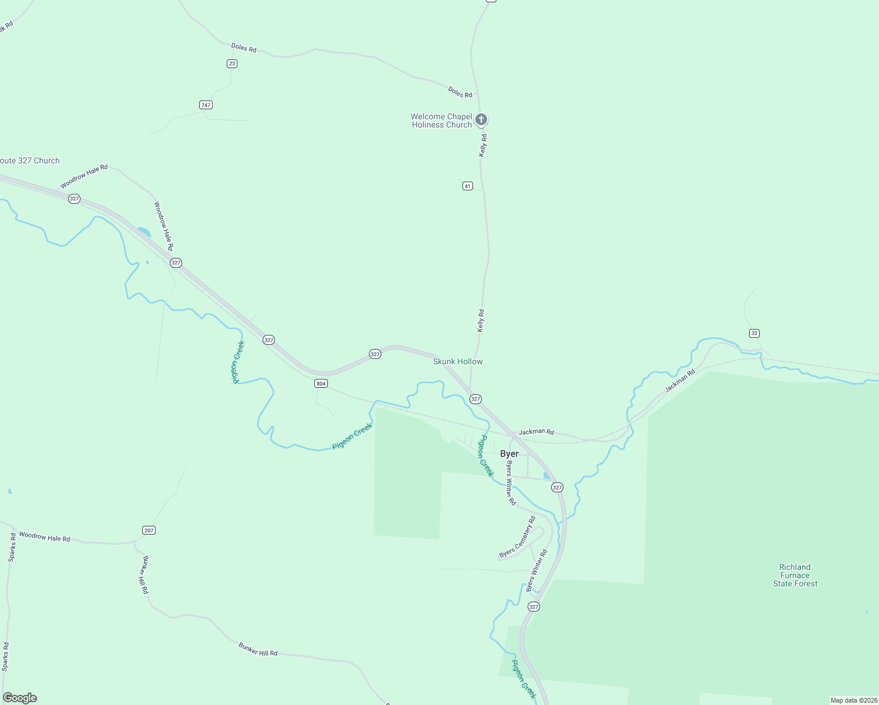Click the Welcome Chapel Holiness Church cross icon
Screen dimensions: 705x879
[x=481, y=120]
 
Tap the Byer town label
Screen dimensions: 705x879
[x=509, y=454]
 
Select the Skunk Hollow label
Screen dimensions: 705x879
[x=458, y=361]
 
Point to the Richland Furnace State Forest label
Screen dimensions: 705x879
[x=795, y=575]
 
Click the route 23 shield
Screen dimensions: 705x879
[x=232, y=63]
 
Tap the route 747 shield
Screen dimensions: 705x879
[x=206, y=105]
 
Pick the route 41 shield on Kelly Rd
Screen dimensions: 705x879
[x=467, y=186]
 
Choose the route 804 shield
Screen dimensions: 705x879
[x=320, y=384]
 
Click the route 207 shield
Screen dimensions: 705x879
[x=149, y=531]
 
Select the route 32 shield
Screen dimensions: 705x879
[x=754, y=333]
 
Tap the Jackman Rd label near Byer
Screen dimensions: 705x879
[x=536, y=432]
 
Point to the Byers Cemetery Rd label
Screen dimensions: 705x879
[x=517, y=537]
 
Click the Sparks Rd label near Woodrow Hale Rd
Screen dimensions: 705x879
[x=12, y=548]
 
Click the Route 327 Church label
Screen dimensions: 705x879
[x=29, y=160]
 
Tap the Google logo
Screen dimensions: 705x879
[x=20, y=698]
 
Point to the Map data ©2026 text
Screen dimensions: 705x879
[x=854, y=700]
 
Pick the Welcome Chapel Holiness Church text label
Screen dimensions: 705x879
[x=441, y=120]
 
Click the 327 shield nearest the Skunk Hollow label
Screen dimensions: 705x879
[x=475, y=399]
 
